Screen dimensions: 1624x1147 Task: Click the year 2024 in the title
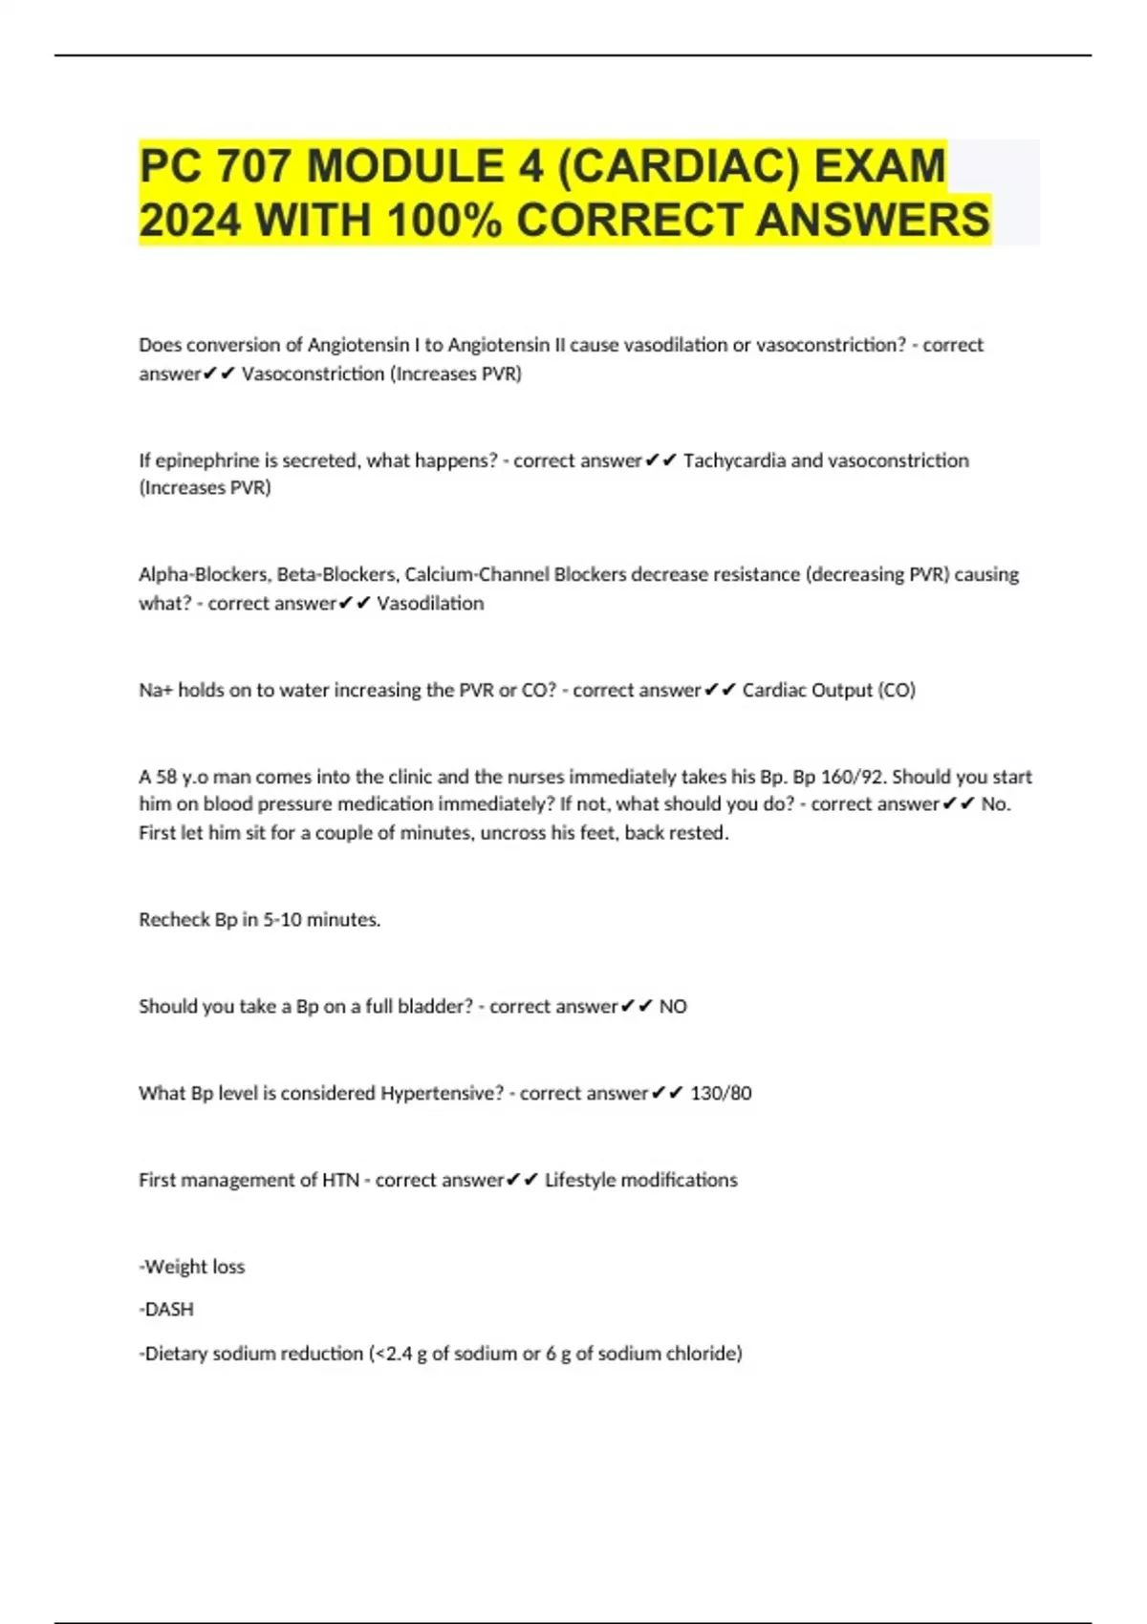(x=190, y=220)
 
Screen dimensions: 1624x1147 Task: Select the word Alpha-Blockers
(x=204, y=574)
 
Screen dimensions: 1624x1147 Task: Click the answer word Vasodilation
(x=430, y=603)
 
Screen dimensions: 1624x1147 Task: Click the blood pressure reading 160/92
(x=853, y=777)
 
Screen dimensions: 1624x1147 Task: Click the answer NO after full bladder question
(x=673, y=1006)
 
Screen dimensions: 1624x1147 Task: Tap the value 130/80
(x=721, y=1093)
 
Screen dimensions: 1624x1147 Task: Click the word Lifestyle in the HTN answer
(x=579, y=1180)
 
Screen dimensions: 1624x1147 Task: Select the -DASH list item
(x=167, y=1310)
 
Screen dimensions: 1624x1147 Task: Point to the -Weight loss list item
(x=192, y=1267)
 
